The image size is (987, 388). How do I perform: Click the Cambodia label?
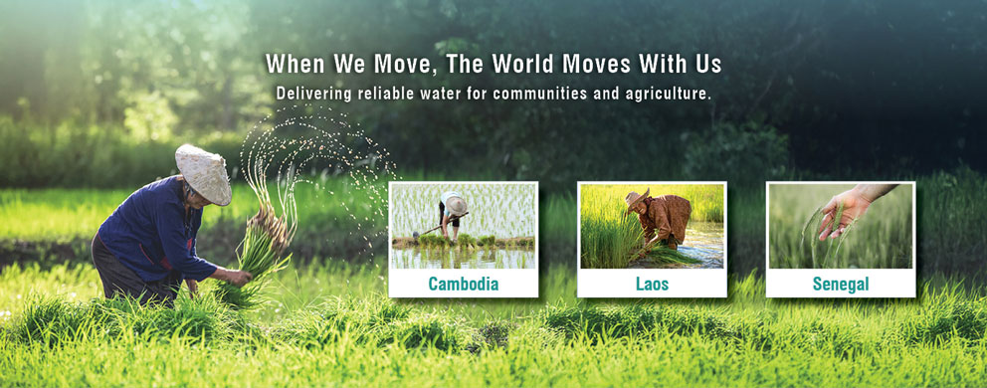[464, 285]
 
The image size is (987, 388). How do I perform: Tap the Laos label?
[652, 285]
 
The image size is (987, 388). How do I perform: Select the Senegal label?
[841, 285]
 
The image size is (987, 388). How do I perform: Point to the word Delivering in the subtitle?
[313, 94]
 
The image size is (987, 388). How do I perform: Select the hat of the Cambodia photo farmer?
[455, 204]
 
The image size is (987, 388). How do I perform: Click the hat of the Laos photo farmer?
[637, 198]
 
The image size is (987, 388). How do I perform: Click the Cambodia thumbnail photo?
[464, 226]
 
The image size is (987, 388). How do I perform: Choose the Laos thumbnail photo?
[652, 226]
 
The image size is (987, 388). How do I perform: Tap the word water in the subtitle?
[445, 94]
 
